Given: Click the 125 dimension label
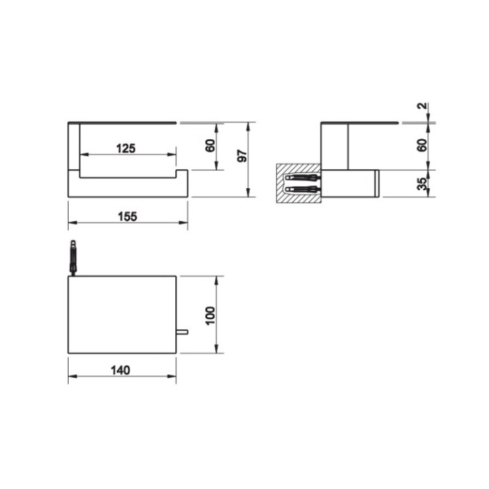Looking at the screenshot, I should click(126, 147).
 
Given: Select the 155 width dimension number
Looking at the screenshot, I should click(126, 216).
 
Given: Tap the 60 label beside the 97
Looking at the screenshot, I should click(210, 145).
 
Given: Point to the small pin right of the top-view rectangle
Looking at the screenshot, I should click(181, 332).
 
